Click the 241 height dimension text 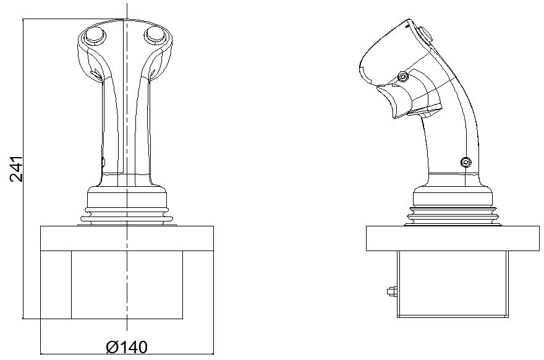click(x=17, y=169)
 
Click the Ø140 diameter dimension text click(x=127, y=347)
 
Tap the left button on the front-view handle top click(x=95, y=36)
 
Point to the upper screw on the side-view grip click(x=403, y=76)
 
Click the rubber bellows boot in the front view click(x=127, y=215)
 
